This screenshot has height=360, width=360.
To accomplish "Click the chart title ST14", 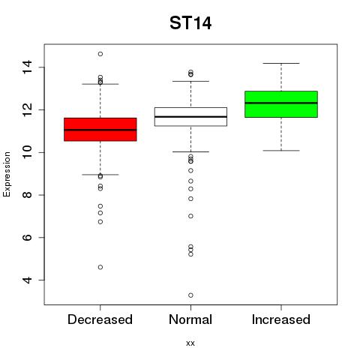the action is click(x=190, y=23).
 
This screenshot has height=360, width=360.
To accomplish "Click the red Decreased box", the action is click(x=100, y=130).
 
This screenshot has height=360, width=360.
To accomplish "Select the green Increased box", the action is click(x=281, y=104).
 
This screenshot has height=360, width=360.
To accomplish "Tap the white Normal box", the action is click(x=190, y=117).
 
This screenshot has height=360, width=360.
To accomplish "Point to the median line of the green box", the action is click(x=281, y=103).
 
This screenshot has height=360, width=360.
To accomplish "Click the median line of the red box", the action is click(x=100, y=130).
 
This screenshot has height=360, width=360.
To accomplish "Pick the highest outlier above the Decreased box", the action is click(x=100, y=54).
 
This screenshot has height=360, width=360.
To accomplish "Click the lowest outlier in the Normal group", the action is click(x=190, y=295).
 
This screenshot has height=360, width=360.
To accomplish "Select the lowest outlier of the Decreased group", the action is click(x=100, y=267).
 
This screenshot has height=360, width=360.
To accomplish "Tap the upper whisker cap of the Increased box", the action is click(x=281, y=64).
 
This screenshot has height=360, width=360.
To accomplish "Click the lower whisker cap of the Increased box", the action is click(x=281, y=151).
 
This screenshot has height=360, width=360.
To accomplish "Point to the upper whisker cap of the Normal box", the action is click(x=190, y=81).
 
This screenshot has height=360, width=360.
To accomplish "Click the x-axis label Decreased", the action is click(x=100, y=319).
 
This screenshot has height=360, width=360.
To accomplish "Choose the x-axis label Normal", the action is click(x=190, y=319).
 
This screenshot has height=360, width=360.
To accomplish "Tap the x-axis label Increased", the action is click(x=281, y=319).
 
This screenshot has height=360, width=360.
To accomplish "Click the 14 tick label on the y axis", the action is click(x=27, y=67).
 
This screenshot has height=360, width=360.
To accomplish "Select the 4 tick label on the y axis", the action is click(x=27, y=280).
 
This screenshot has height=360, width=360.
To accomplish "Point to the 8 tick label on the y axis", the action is click(x=27, y=195).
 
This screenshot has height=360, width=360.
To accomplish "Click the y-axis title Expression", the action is click(x=7, y=174).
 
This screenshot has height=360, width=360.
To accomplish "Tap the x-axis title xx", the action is click(x=190, y=343).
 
